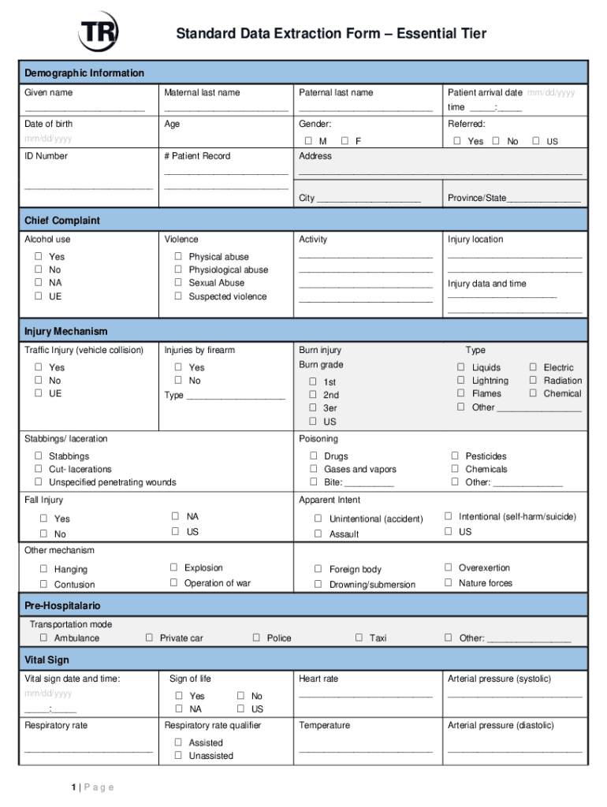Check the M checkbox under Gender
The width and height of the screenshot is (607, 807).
[309, 141]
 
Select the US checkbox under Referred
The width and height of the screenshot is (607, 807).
[536, 141]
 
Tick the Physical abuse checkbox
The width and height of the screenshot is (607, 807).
[178, 256]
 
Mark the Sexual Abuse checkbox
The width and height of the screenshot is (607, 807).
[178, 282]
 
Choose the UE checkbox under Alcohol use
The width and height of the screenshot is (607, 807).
[38, 296]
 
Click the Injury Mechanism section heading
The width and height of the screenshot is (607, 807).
[65, 331]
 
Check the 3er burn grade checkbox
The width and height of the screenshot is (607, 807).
[313, 407]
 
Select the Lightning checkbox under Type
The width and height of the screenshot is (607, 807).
[461, 380]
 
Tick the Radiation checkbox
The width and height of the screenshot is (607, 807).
[533, 380]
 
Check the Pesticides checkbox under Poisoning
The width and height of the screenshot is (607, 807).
[455, 456]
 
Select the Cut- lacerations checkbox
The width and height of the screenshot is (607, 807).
[38, 469]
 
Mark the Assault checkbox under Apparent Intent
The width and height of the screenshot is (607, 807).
[318, 534]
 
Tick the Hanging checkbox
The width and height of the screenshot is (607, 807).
[44, 568]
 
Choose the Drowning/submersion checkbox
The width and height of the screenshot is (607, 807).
[318, 584]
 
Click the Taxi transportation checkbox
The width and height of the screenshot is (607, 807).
[359, 638]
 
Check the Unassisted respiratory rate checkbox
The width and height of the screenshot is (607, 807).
[178, 755]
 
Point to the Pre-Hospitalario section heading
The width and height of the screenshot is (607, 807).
[62, 605]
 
